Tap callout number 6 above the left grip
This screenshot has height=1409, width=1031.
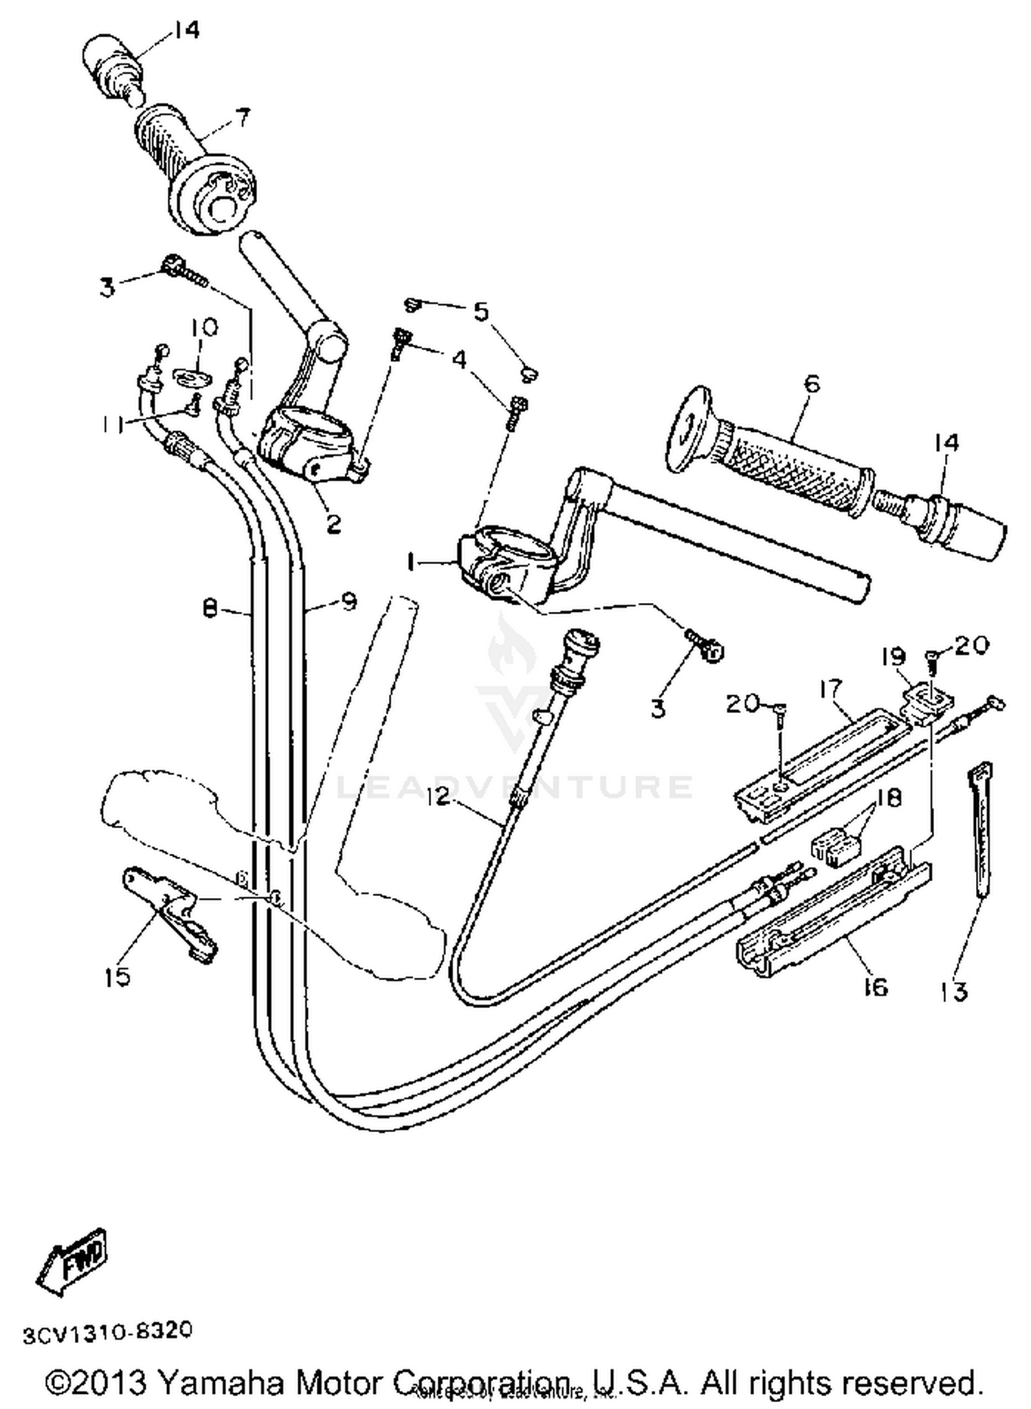click(x=812, y=383)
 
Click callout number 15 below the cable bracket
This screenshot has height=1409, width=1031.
click(x=117, y=976)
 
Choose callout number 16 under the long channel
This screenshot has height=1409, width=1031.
click(x=874, y=987)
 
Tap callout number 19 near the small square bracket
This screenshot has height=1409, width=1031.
click(x=894, y=657)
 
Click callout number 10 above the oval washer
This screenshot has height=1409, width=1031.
click(x=204, y=327)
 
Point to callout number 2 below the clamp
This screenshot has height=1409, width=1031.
click(x=333, y=524)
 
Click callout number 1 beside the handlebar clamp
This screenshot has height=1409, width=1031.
click(x=411, y=563)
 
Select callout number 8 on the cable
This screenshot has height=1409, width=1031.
click(x=210, y=607)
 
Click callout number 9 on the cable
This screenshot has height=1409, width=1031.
click(x=348, y=602)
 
